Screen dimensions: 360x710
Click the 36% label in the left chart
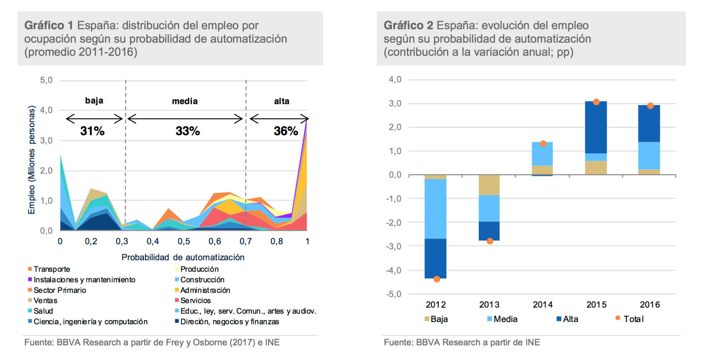[286, 131]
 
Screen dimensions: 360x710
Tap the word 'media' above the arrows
[185, 101]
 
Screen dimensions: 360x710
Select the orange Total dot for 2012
[436, 279]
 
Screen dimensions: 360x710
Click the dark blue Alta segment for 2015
[596, 127]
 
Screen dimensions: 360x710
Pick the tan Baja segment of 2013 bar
[489, 185]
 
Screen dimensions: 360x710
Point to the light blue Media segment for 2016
[649, 156]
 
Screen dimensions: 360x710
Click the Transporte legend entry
[52, 269]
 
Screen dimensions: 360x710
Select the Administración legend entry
[205, 290]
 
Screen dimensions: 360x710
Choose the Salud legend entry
[43, 311]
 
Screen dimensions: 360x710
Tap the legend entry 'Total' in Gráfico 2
[633, 319]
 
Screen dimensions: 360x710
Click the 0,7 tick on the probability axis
[245, 241]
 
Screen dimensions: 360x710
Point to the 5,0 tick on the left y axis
[46, 80]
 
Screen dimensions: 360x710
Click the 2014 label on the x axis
[543, 304]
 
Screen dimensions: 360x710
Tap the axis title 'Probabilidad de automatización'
[183, 257]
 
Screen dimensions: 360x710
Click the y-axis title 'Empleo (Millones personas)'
[31, 160]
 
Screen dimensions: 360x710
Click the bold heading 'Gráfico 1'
[49, 25]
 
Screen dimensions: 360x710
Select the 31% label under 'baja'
[92, 131]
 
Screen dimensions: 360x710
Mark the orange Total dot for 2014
[543, 144]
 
